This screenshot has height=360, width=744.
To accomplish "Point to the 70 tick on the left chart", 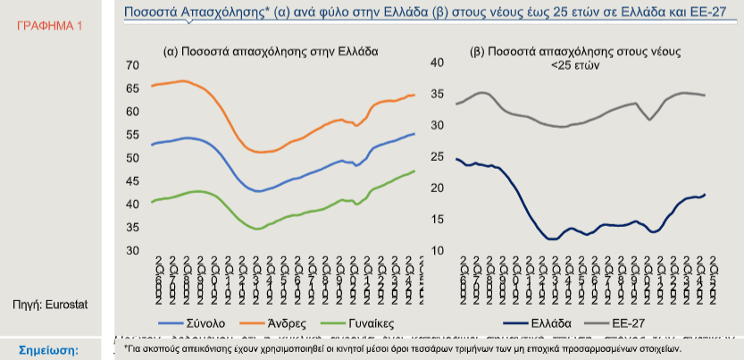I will point(133,65).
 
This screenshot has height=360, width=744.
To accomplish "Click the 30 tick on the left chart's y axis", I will point(133,250).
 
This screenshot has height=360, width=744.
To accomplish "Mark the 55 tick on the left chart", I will point(133,134).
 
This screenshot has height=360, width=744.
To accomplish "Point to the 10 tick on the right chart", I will point(438,250).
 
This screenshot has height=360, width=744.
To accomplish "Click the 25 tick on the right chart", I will point(438,156).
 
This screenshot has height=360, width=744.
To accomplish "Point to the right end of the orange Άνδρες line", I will point(414,95).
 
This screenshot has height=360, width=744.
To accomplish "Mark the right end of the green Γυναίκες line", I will point(414,171).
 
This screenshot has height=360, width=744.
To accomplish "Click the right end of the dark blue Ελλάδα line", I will point(705,195).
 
